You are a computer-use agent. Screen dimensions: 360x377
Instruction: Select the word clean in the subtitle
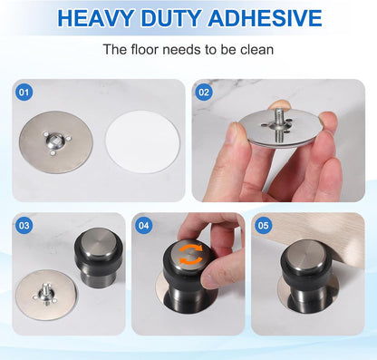256,51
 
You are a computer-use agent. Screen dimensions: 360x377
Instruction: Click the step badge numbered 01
24,92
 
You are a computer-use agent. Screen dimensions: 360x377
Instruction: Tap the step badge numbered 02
204,92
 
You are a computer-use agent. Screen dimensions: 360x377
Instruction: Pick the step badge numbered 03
24,225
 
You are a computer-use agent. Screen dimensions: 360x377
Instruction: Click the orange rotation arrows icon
188,257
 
